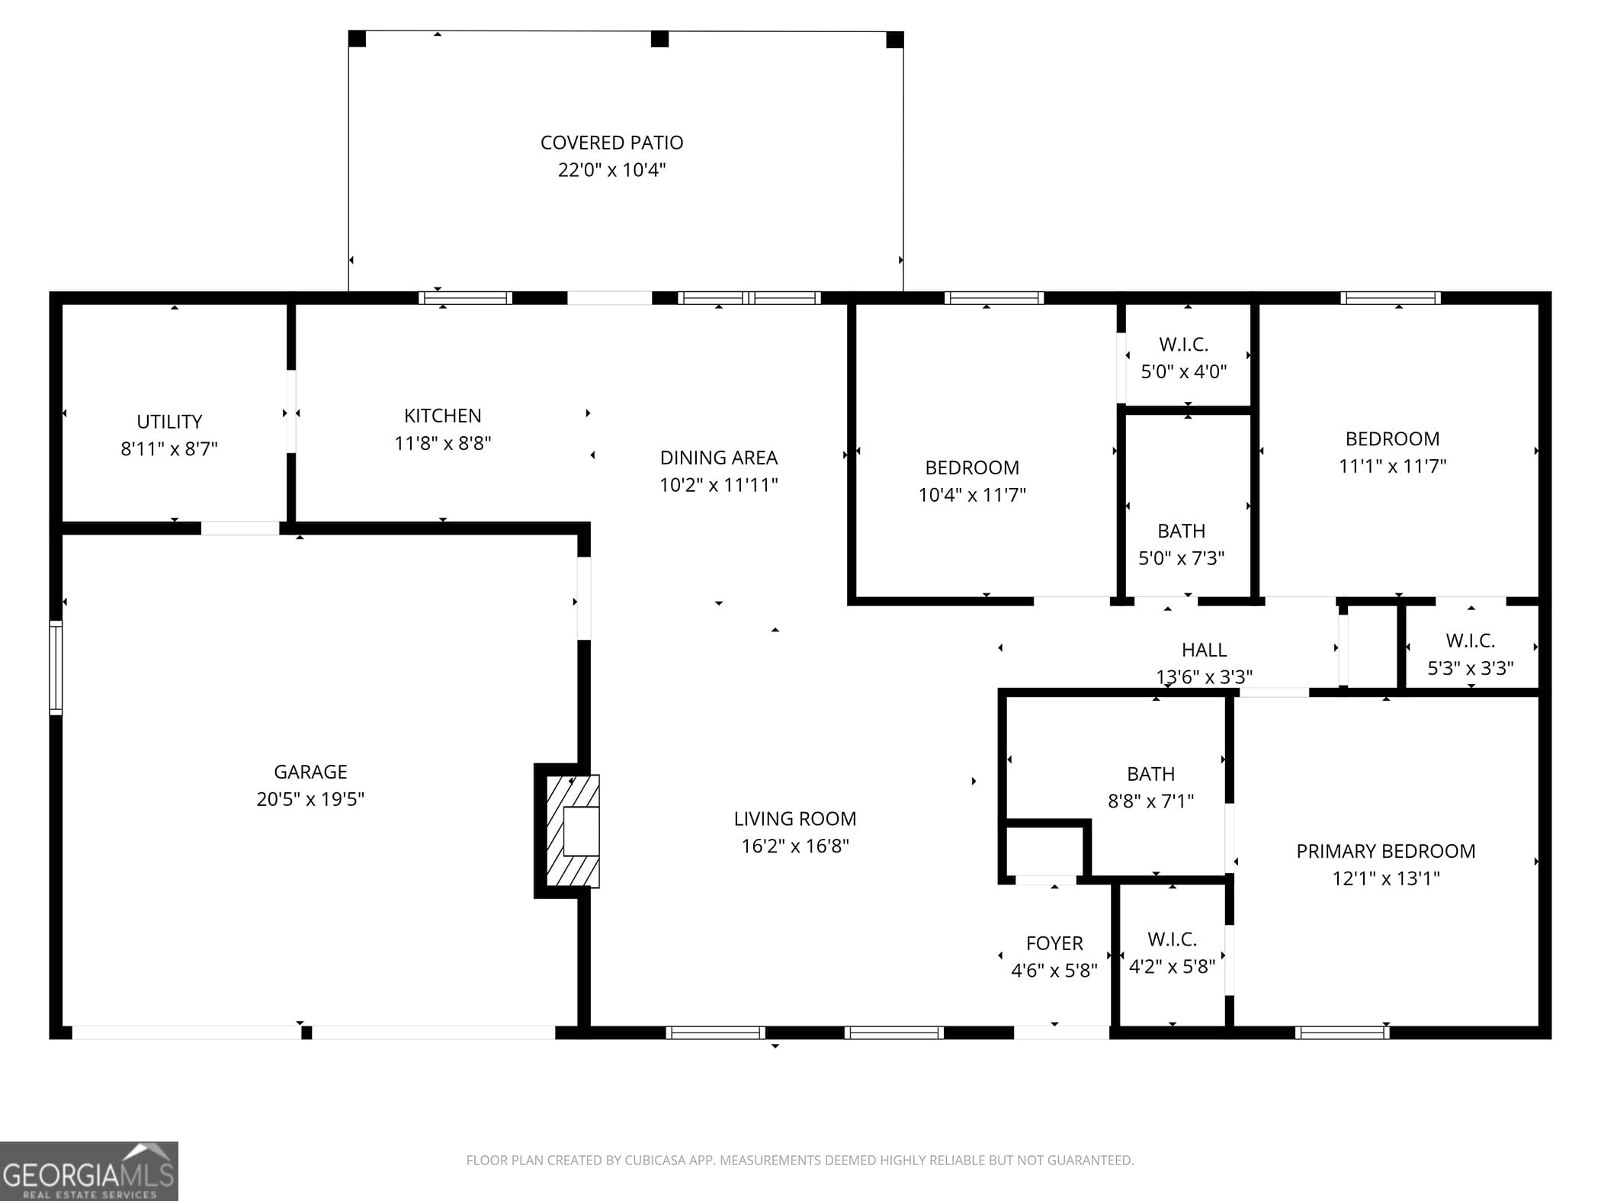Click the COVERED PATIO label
[611, 143]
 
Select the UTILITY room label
[169, 422]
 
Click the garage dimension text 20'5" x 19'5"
[310, 799]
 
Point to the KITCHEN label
[442, 416]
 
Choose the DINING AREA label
[718, 458]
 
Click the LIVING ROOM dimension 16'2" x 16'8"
[795, 846]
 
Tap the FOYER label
[1054, 943]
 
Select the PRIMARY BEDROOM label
[1385, 851]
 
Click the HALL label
[1204, 650]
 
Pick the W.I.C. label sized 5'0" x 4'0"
[1183, 345]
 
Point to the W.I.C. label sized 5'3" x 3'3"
[1470, 641]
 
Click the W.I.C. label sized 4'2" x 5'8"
[1172, 939]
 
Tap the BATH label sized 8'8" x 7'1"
[1150, 774]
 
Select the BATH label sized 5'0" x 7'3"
[1181, 531]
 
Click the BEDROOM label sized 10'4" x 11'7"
[972, 467]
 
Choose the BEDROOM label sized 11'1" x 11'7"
[1392, 439]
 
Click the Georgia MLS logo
[89, 1170]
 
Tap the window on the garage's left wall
[56, 667]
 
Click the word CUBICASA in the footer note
[653, 1160]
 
